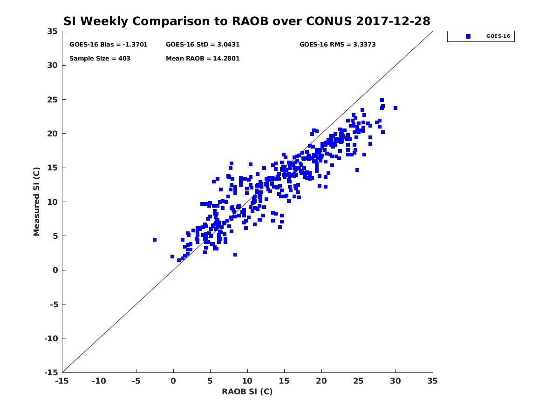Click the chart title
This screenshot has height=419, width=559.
click(247, 21)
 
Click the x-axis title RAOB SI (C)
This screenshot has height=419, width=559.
click(247, 392)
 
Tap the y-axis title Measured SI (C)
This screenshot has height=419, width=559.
click(36, 202)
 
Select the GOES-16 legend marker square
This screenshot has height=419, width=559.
click(468, 36)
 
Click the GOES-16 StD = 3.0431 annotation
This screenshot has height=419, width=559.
click(203, 45)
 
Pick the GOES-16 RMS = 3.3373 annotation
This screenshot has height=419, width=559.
click(337, 45)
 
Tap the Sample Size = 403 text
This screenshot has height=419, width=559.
click(100, 59)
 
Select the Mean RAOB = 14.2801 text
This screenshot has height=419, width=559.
click(203, 59)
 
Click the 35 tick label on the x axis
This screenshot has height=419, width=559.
click(432, 381)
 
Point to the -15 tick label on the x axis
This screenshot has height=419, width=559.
click(61, 381)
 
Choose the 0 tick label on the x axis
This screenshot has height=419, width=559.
click(173, 381)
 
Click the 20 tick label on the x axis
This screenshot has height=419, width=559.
click(321, 381)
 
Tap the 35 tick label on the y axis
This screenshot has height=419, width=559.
click(52, 31)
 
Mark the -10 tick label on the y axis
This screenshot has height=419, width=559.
click(50, 338)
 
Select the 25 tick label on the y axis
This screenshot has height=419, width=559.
click(52, 100)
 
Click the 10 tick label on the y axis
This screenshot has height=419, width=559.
click(52, 202)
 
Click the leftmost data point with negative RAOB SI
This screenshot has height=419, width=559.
click(155, 240)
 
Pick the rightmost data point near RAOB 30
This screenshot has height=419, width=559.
click(395, 108)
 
